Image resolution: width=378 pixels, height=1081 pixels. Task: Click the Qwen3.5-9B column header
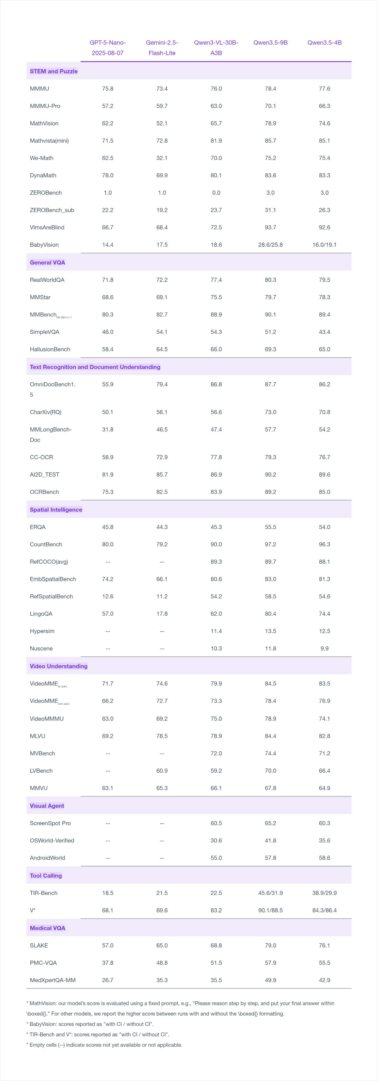point(270,42)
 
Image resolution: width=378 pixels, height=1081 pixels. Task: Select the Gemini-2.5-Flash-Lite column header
point(162,48)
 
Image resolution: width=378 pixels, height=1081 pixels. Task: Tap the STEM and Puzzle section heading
point(54,71)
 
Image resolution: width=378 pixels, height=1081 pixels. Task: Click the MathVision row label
point(44,123)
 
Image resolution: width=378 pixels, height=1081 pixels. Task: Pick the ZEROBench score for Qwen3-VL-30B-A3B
point(216,193)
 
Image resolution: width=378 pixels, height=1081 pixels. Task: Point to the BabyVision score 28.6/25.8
point(270,245)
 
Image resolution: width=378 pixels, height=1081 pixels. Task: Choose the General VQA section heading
point(47,262)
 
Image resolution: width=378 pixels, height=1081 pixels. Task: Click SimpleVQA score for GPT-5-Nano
point(108,332)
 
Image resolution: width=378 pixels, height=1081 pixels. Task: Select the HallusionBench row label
point(50,349)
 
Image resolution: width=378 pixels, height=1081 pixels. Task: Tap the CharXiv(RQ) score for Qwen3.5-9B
point(270,412)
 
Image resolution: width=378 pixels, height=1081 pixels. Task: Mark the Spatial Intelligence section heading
point(56,509)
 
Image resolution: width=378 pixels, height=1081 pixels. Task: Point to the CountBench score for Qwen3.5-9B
point(270,544)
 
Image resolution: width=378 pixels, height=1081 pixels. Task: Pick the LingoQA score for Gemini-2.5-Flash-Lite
point(162,614)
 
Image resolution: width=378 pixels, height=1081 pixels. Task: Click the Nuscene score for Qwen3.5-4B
point(324,648)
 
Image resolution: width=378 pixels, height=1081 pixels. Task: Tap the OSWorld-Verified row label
point(52,841)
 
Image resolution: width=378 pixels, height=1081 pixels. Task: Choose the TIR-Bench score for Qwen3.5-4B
point(324,893)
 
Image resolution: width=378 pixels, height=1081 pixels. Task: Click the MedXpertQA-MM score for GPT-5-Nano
point(108,980)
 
